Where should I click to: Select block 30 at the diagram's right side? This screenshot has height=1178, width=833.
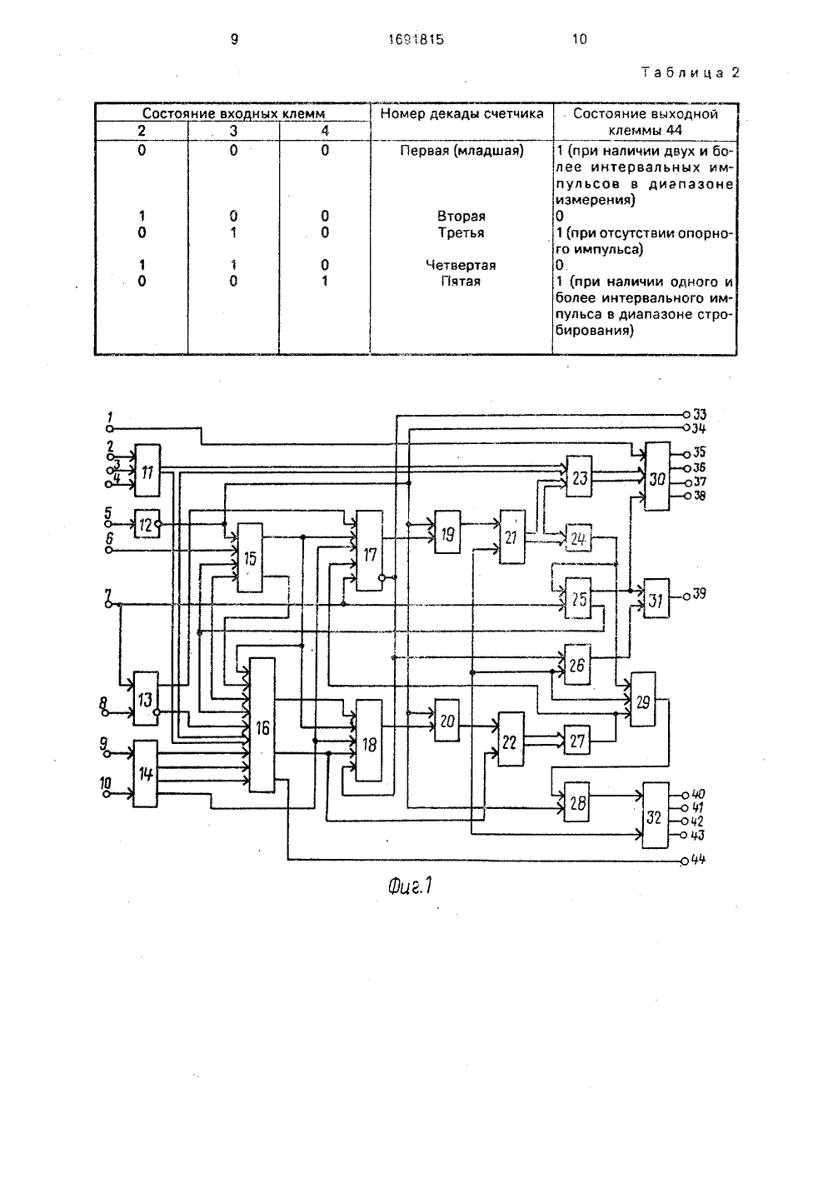tap(657, 476)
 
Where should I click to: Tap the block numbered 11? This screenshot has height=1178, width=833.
tap(147, 470)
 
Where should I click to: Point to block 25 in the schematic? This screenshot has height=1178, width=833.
tap(578, 599)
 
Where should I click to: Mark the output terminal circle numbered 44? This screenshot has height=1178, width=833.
tap(685, 861)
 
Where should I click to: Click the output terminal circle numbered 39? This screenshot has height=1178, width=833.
tap(686, 596)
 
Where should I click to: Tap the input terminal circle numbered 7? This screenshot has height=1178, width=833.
tap(109, 605)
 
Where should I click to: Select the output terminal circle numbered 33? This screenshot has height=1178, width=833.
tap(686, 414)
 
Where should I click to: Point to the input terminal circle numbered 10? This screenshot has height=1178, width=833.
tap(107, 794)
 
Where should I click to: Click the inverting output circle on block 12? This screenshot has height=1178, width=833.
tap(157, 524)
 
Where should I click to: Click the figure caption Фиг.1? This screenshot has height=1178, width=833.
tap(410, 887)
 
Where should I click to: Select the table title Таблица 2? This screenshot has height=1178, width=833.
tap(691, 72)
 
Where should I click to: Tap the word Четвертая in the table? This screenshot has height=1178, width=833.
tap(461, 265)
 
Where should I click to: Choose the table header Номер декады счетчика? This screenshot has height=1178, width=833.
tap(461, 114)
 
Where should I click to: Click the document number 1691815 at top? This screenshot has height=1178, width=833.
tap(416, 39)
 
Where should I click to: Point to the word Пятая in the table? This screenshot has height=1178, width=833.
tap(461, 282)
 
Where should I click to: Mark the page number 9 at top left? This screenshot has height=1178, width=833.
tap(235, 39)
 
